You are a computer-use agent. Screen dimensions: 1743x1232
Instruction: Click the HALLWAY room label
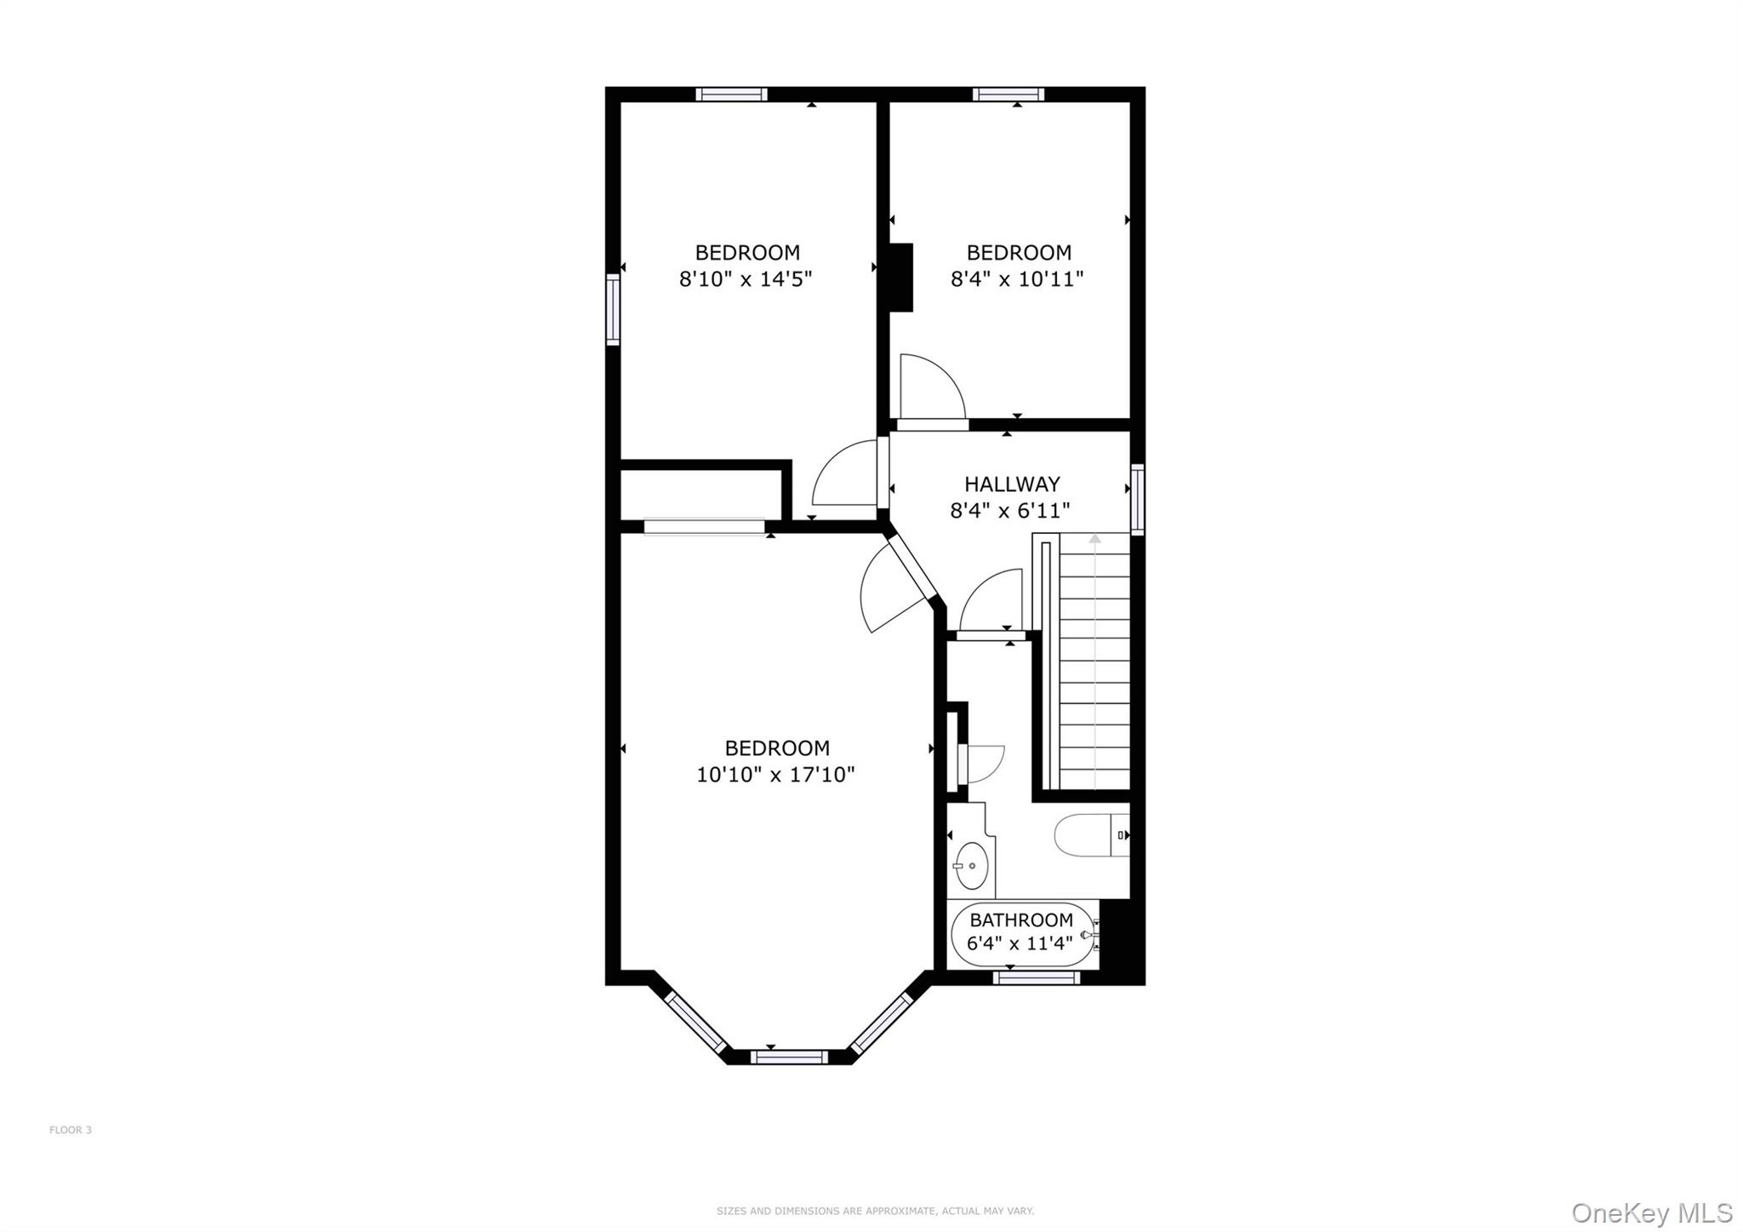1012,484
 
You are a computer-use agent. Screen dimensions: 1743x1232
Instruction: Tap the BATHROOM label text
1021,920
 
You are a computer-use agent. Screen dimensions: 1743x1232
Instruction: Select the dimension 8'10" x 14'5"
746,279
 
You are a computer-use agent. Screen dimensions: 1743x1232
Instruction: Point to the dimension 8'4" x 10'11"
1017,279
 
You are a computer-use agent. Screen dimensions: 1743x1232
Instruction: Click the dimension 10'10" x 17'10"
775,775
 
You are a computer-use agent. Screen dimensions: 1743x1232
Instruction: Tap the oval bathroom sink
971,865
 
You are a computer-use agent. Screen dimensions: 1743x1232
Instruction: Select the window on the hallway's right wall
1137,499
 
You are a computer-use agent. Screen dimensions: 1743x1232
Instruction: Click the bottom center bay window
789,1057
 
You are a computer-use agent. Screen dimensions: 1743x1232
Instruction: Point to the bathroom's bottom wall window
1037,978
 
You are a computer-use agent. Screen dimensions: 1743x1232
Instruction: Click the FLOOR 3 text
71,1130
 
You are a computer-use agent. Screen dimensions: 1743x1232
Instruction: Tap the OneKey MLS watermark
1652,1212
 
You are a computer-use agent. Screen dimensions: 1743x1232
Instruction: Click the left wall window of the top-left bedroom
613,309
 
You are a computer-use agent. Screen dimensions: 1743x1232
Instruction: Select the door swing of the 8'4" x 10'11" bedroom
933,387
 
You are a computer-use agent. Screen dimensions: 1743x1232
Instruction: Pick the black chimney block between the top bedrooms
901,278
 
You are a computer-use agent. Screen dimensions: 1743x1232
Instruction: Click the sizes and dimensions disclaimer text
875,1211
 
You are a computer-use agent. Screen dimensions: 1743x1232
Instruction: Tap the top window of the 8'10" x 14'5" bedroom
732,94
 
